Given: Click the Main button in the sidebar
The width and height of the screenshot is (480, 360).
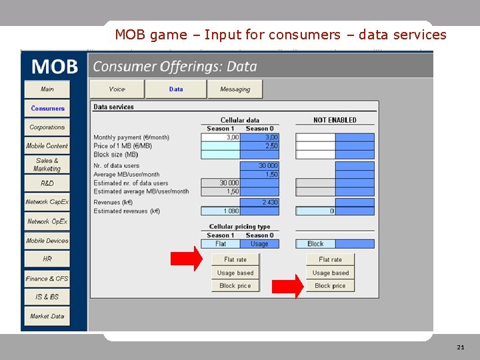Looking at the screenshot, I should click(x=47, y=89).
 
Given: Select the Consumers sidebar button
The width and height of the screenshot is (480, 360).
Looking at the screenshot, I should click(x=47, y=108).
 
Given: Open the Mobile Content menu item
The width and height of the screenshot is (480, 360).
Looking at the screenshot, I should click(x=47, y=146).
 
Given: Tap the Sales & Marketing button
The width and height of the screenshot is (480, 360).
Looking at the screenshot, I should click(x=47, y=165).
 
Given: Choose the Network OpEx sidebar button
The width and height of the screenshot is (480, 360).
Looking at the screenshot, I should click(x=47, y=221).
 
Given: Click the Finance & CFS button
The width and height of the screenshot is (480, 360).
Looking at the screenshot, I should click(x=47, y=279).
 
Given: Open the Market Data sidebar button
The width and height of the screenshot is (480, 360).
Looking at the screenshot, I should click(x=47, y=316).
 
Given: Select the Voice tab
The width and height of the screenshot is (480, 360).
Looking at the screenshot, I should click(x=117, y=89).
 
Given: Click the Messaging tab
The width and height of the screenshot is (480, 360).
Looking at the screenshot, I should click(x=235, y=89).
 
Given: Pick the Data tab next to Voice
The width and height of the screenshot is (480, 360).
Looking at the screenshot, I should click(x=176, y=89).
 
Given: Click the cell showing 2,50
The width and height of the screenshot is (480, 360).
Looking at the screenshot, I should click(x=259, y=146).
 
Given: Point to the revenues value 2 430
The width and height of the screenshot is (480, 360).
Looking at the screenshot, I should click(x=259, y=202).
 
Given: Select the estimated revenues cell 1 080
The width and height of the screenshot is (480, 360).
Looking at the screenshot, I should click(x=221, y=211).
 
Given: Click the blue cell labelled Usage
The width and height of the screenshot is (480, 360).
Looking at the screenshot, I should click(x=259, y=244).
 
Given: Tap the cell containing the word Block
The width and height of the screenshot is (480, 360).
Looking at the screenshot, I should click(x=315, y=244).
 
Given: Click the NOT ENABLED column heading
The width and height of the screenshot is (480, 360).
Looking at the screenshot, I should click(x=335, y=120).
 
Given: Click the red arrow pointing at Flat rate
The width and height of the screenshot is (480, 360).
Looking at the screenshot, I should click(x=188, y=259).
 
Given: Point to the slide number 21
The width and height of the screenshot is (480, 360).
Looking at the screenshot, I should click(x=461, y=348).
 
